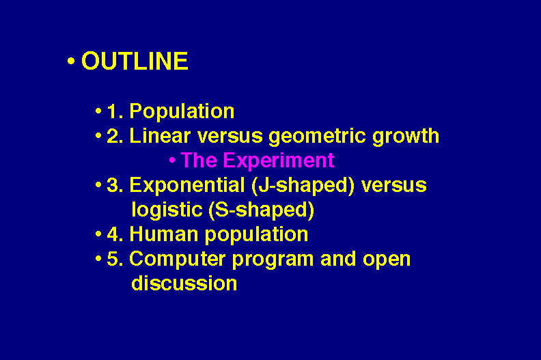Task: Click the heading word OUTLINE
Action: [135, 61]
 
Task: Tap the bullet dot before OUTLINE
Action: [71, 61]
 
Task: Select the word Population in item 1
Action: [182, 111]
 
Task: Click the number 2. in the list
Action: [115, 136]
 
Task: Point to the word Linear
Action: [160, 136]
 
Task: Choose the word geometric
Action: [317, 137]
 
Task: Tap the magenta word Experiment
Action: [279, 161]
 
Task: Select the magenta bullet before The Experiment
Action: [173, 161]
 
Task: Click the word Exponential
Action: [187, 186]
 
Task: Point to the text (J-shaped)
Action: [303, 186]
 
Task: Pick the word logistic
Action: [167, 210]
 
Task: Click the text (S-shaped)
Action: [262, 210]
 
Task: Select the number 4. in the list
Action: [115, 234]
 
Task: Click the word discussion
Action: [184, 283]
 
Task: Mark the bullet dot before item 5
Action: [98, 258]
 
